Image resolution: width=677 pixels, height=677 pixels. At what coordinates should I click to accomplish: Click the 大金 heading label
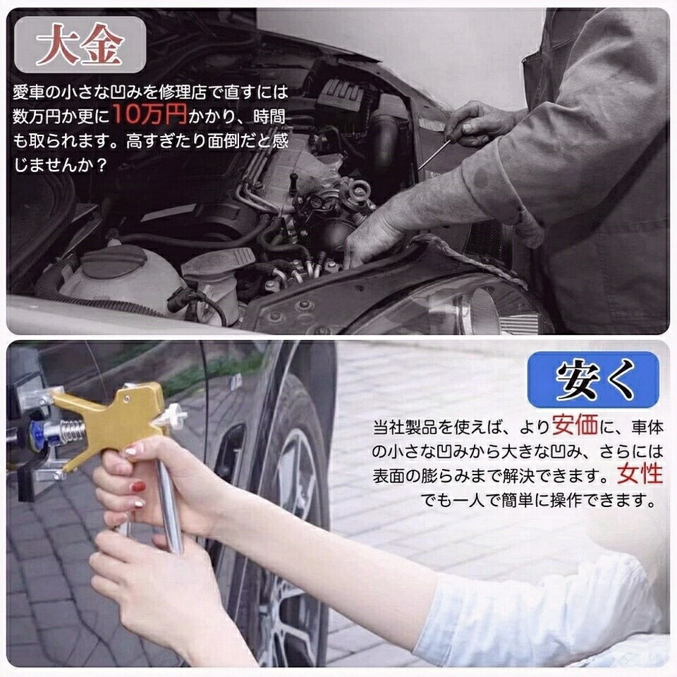coord(80,44)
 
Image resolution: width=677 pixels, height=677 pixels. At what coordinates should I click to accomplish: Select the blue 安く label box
coord(593,379)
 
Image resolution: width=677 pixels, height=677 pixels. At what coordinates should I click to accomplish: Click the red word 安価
coord(575,425)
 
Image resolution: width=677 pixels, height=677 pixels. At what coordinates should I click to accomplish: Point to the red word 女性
coord(640,474)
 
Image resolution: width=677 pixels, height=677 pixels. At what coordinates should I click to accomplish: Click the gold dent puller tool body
coord(113,420)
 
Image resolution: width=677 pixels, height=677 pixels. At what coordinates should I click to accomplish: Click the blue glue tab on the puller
coord(36,434)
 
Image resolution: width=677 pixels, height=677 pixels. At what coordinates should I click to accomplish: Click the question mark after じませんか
coord(101,165)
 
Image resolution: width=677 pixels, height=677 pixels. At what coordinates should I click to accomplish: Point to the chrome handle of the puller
coord(170,506)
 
